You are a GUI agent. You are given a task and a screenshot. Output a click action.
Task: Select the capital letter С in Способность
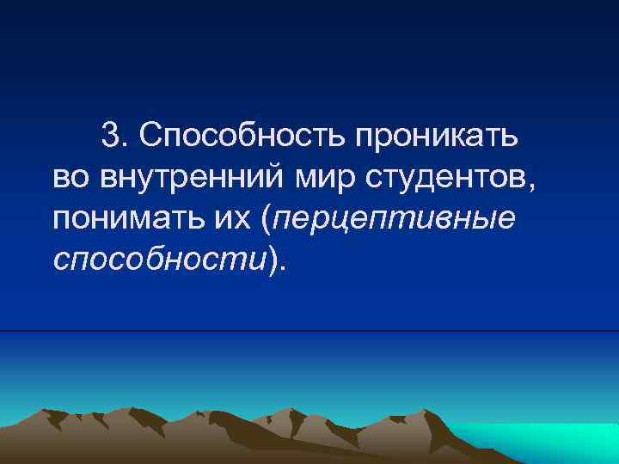(148, 135)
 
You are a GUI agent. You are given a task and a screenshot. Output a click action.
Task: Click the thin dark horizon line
(309, 331)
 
